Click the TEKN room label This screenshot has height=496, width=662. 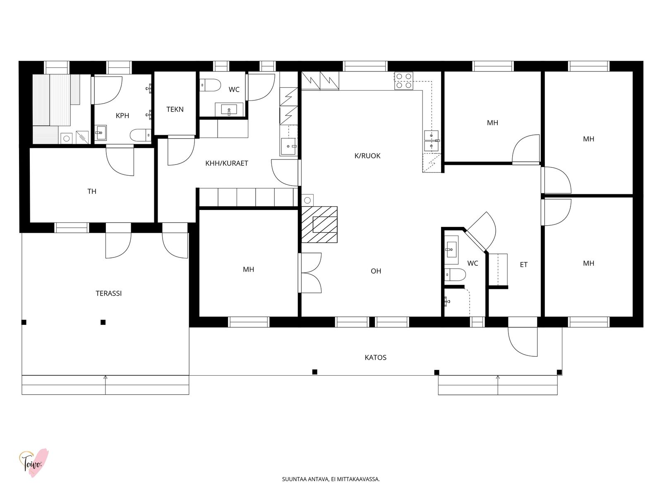click(175, 109)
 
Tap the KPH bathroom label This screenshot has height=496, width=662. click(122, 116)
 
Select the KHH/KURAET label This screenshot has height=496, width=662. click(227, 163)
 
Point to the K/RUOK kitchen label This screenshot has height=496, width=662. click(367, 156)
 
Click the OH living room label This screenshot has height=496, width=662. click(376, 271)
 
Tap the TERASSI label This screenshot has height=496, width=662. click(108, 293)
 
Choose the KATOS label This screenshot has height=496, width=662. click(376, 358)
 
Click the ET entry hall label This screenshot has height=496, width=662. click(523, 265)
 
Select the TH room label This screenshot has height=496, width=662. click(92, 191)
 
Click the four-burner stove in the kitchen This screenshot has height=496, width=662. click(403, 81)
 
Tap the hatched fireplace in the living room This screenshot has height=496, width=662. click(319, 224)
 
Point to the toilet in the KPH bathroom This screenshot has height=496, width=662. click(141, 135)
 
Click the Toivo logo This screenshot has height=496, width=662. click(34, 463)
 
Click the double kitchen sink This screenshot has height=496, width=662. click(431, 141)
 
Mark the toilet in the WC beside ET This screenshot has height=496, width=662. click(455, 274)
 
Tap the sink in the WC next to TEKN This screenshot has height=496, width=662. click(229, 109)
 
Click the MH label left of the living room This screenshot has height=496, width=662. click(249, 269)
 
